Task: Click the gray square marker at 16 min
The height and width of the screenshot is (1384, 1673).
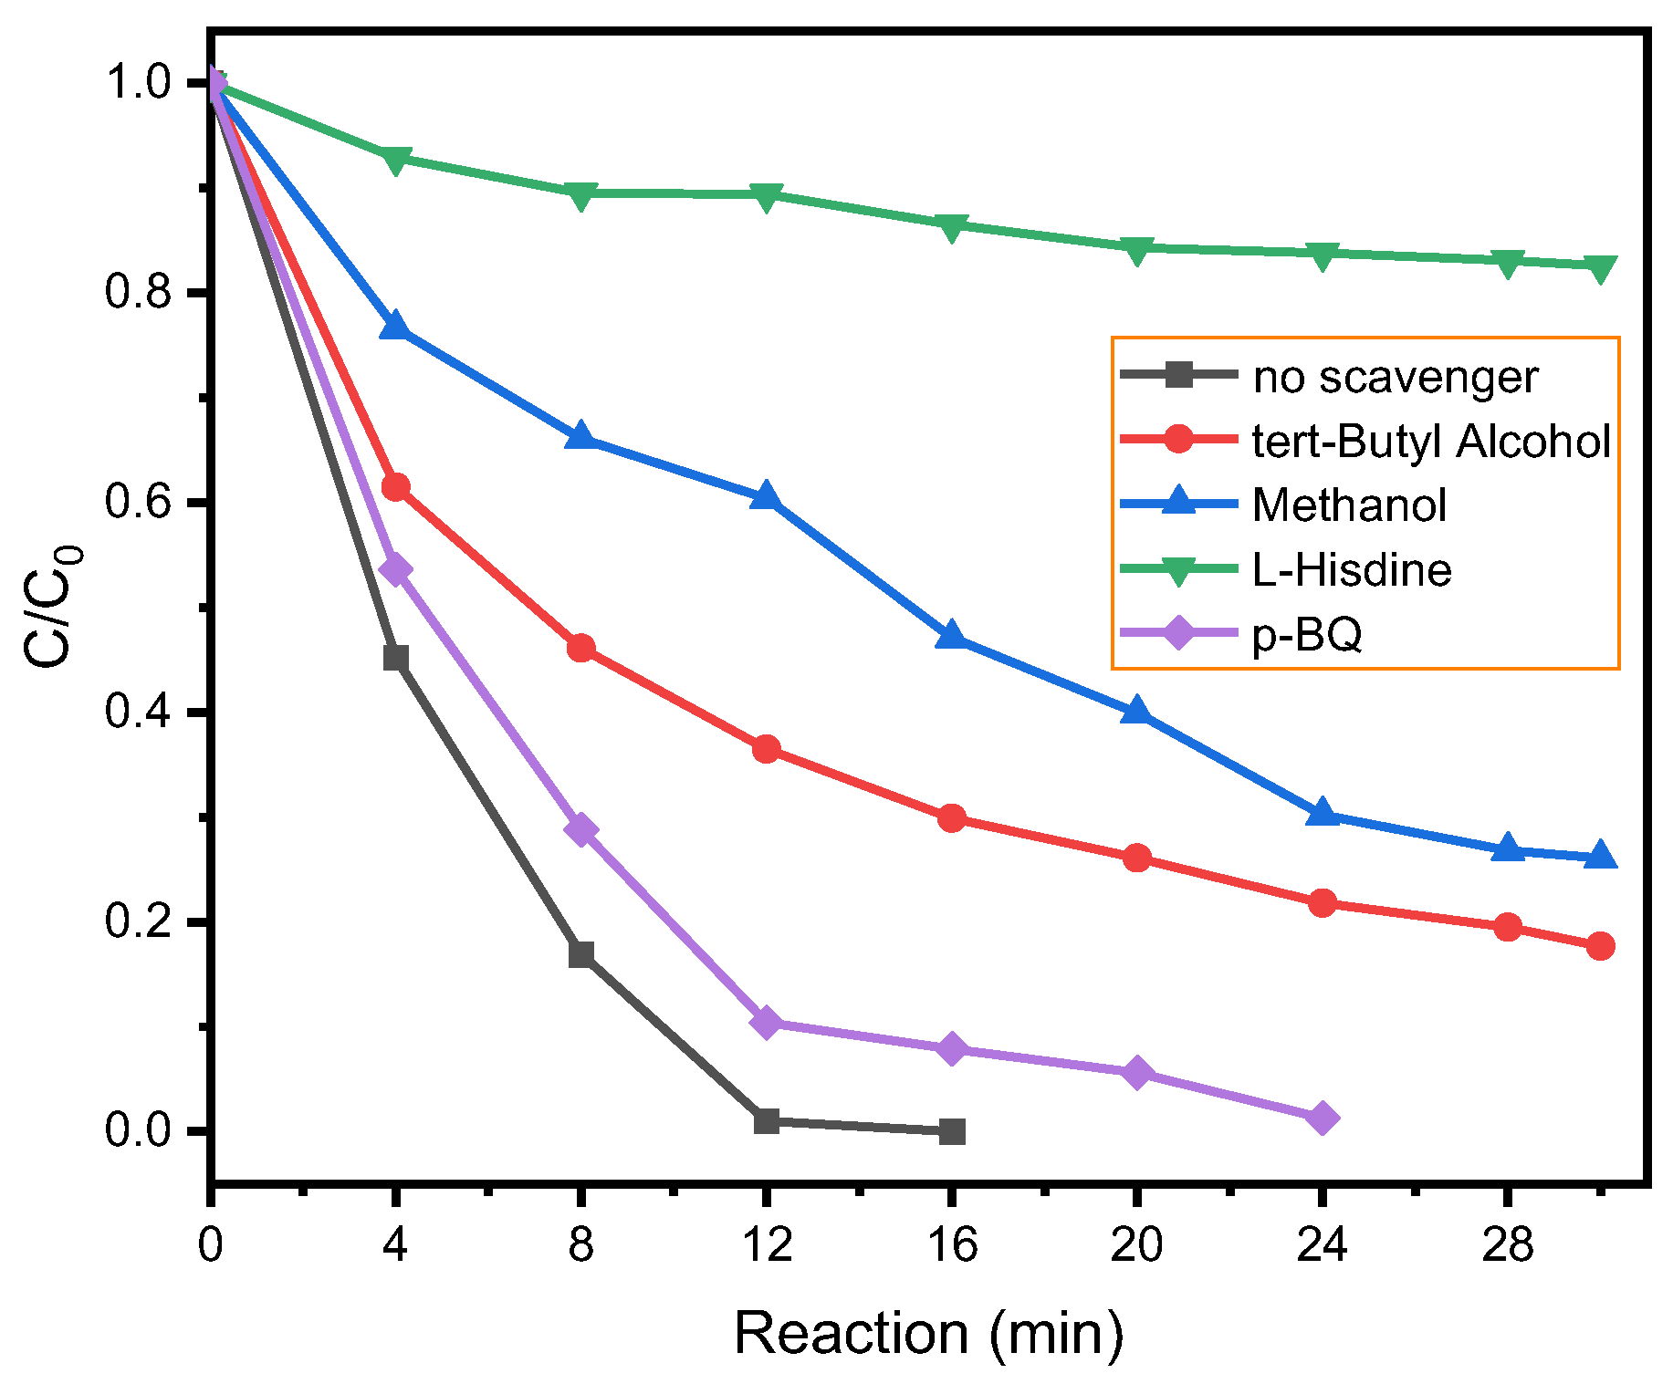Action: [x=952, y=1131]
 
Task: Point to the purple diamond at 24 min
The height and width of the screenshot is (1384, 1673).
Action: [x=1323, y=1118]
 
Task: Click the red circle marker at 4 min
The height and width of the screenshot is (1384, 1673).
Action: [x=395, y=487]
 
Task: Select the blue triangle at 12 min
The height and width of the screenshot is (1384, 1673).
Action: [x=766, y=497]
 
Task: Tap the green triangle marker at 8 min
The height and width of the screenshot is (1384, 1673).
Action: [x=580, y=194]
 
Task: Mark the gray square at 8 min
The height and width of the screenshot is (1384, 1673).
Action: [x=580, y=954]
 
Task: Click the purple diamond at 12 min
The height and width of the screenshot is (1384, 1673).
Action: [x=766, y=1023]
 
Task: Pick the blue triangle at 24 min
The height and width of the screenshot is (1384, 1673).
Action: [x=1323, y=813]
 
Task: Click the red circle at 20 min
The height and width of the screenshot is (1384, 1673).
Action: [x=1136, y=858]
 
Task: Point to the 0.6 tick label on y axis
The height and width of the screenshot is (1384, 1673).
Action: [x=138, y=503]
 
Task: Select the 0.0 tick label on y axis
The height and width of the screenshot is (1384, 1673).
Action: [x=138, y=1130]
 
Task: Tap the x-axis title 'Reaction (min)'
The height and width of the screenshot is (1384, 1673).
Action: [x=928, y=1333]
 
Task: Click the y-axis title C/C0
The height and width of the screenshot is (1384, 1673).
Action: [x=52, y=607]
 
